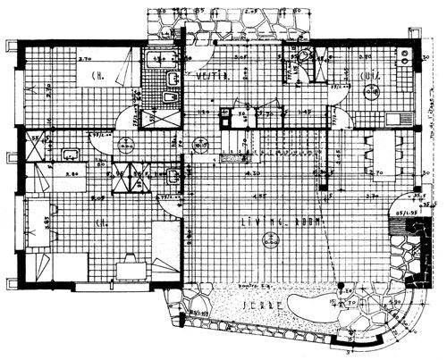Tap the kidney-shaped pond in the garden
(x=344, y=306)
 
